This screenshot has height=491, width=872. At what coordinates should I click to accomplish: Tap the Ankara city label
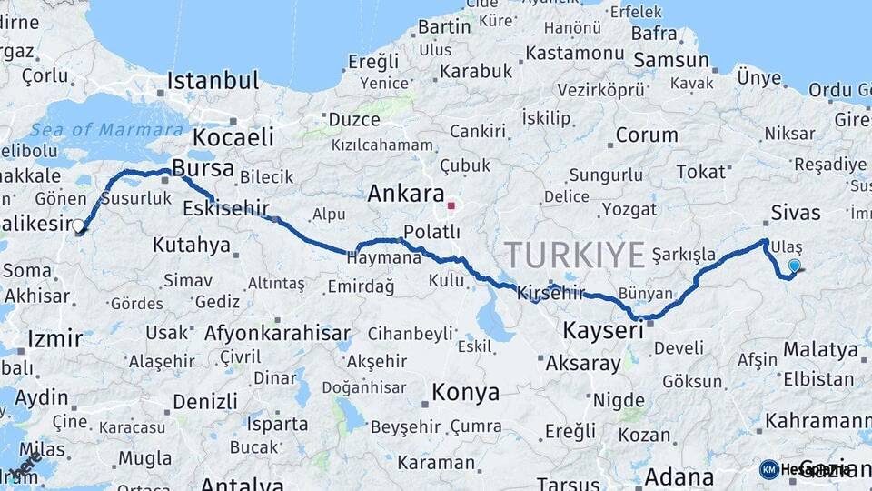405,194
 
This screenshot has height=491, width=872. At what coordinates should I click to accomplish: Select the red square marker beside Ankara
451,205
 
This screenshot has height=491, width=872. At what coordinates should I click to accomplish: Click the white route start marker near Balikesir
78,225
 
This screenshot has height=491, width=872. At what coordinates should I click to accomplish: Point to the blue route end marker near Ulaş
795,266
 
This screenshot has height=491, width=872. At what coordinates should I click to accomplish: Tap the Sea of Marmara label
94,130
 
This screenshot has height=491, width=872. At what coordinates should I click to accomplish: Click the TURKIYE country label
574,255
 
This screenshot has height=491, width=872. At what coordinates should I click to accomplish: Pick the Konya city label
465,393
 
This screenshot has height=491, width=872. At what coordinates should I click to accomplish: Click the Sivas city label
795,214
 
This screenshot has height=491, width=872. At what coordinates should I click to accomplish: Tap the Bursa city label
203,169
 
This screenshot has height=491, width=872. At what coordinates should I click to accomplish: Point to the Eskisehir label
226,208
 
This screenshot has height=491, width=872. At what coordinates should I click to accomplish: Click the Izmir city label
54,339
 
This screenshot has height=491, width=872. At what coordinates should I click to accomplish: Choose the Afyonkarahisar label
277,333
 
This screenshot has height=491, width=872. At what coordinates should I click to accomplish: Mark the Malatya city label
820,350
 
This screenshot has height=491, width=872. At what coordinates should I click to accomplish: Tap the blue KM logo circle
769,469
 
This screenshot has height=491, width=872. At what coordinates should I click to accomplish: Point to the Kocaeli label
233,138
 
